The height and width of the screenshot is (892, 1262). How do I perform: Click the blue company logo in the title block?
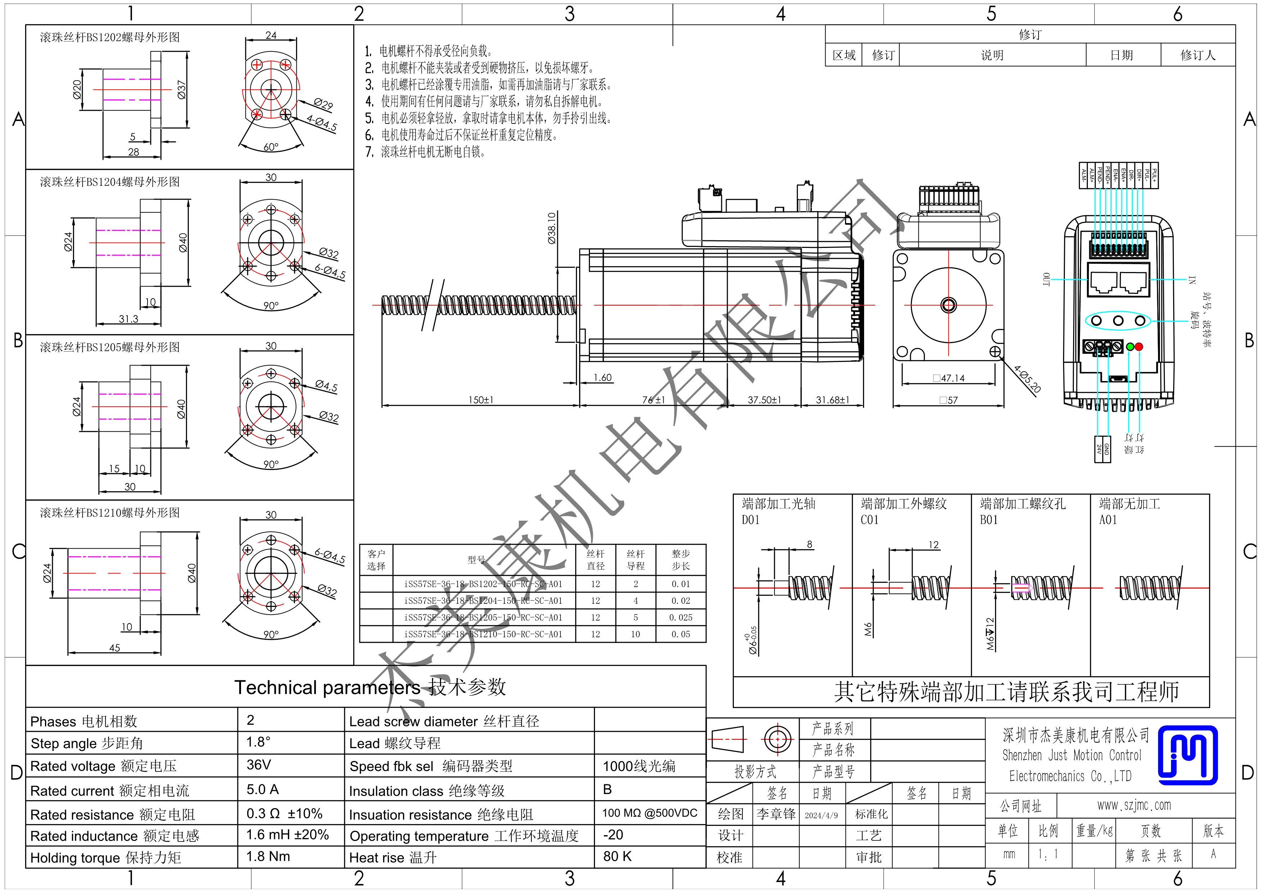click(1187, 755)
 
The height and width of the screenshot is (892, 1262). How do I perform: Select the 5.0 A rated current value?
click(262, 789)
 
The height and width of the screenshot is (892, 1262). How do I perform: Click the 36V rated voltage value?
click(258, 765)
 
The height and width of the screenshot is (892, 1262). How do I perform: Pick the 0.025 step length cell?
click(681, 617)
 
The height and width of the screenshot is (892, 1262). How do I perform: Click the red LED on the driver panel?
click(1138, 347)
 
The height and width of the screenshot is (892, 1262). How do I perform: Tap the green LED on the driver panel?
click(1130, 347)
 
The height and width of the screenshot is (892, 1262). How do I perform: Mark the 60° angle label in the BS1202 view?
click(271, 147)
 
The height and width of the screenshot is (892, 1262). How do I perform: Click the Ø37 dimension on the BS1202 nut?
click(181, 90)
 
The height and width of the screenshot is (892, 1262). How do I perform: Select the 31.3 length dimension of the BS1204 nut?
click(129, 319)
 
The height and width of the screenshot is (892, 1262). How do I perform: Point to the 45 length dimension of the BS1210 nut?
click(114, 647)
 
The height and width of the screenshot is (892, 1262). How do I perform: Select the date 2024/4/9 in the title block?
click(821, 815)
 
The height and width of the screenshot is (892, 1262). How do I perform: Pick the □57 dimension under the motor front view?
click(949, 400)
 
